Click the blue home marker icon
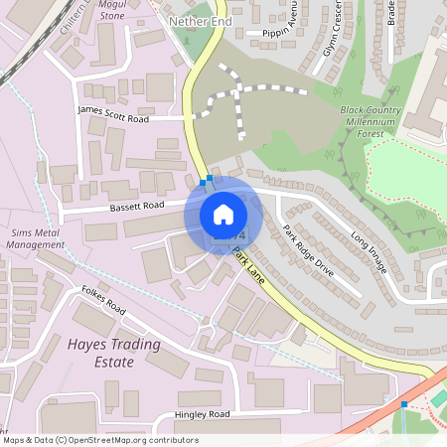tap(223, 215)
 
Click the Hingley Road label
tap(202, 413)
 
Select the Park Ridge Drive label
tap(308, 250)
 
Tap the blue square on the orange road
tap(403, 404)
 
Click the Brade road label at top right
tap(390, 12)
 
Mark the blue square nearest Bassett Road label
tap(203, 183)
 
